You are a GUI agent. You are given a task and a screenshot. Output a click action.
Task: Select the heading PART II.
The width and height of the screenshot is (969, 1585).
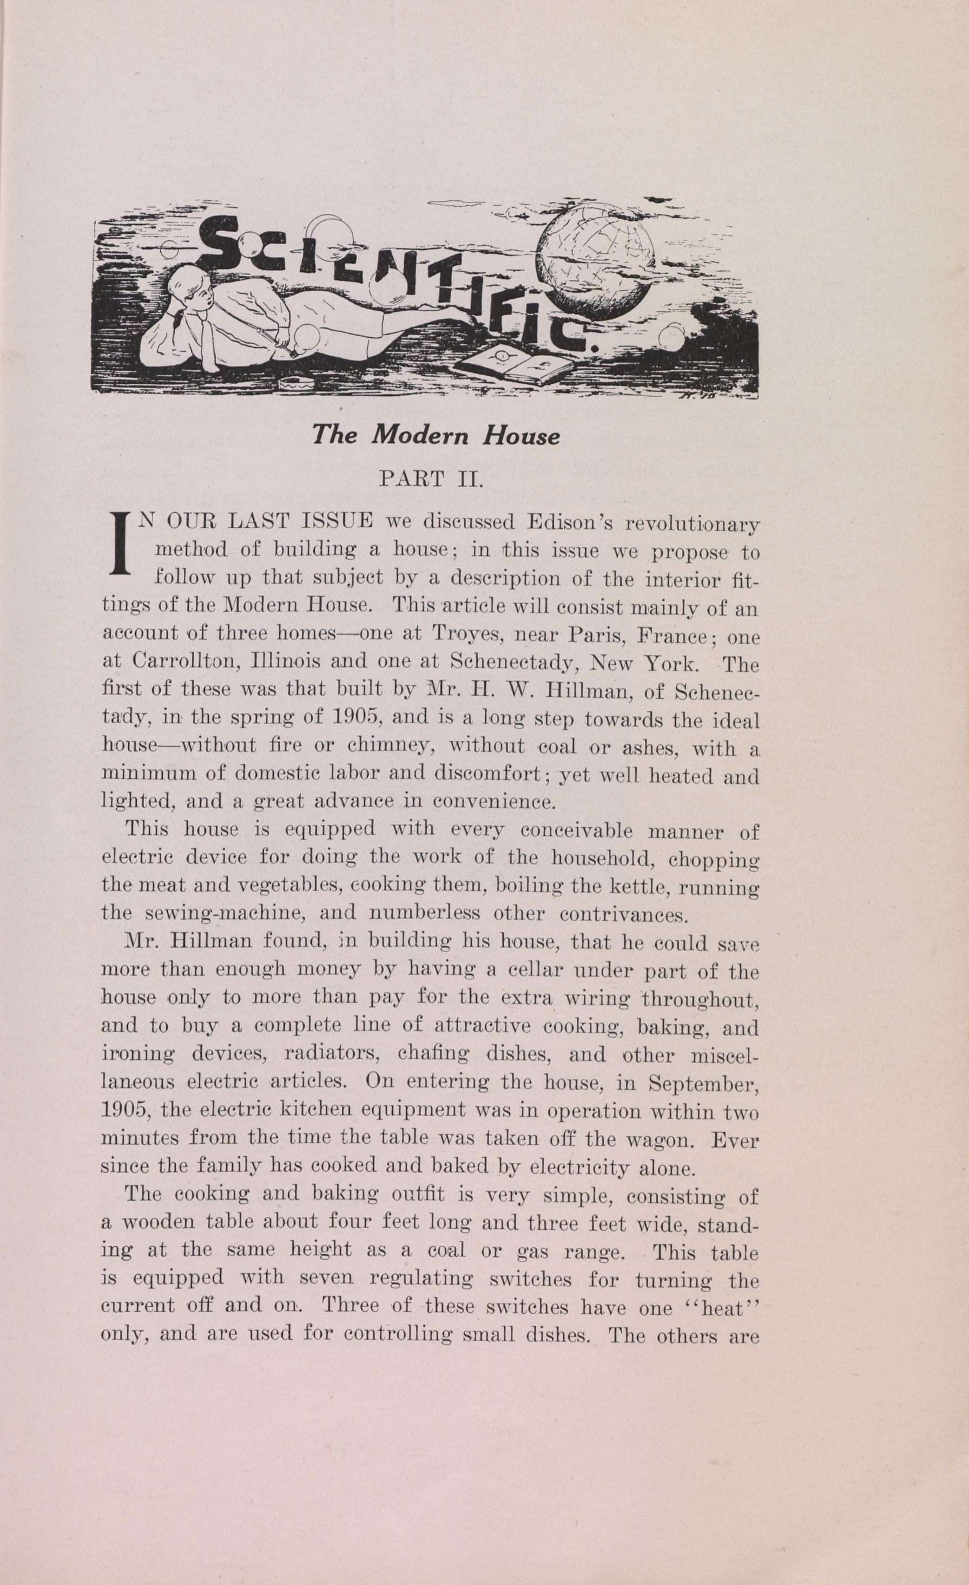(431, 480)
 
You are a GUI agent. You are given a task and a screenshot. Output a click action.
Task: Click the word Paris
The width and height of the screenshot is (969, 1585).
(591, 635)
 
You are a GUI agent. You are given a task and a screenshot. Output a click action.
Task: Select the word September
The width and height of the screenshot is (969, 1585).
(703, 1083)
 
